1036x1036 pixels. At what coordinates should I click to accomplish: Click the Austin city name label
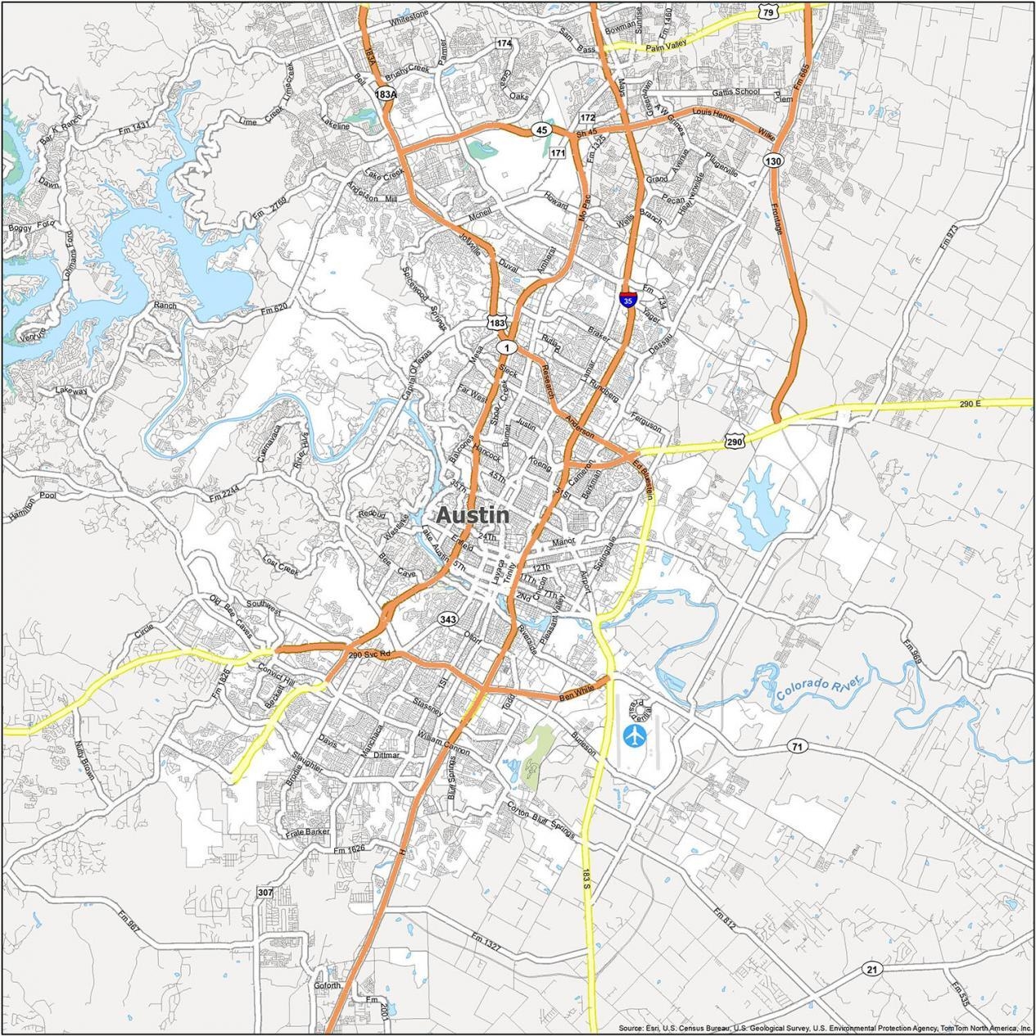(473, 515)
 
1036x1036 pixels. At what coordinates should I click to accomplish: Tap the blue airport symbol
(635, 735)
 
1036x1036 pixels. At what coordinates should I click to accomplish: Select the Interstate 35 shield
(627, 300)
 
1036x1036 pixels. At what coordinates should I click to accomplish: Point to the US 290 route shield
(734, 441)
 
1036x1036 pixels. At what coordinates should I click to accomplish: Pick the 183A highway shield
(386, 94)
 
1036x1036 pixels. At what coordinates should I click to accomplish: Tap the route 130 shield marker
(773, 161)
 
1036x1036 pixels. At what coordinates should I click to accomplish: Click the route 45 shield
(541, 129)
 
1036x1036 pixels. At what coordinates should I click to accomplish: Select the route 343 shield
(447, 619)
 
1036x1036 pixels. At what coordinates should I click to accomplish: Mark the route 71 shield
(796, 746)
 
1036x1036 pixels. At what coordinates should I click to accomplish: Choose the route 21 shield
(871, 970)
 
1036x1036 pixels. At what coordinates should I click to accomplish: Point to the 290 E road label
(973, 405)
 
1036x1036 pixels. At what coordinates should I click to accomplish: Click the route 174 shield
(504, 43)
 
